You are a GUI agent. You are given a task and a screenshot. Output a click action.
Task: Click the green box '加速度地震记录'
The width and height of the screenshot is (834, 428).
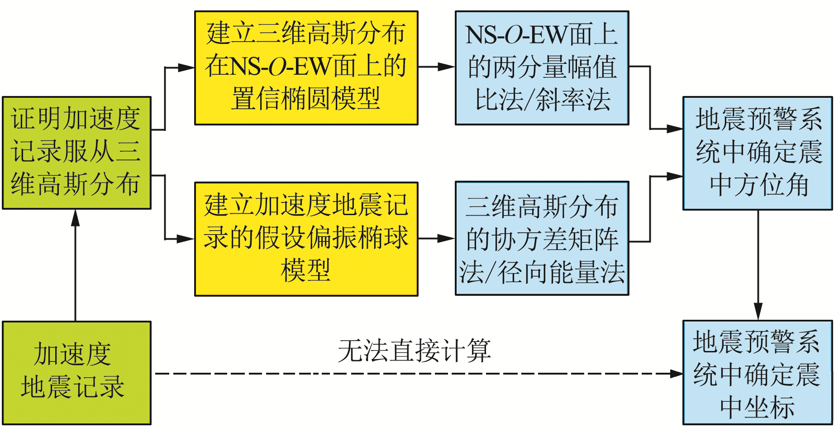click(76, 372)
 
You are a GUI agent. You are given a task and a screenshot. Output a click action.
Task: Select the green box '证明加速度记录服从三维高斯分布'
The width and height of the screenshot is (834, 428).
click(76, 153)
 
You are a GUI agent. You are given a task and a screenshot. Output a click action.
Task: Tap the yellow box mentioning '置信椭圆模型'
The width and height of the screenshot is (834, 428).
click(306, 68)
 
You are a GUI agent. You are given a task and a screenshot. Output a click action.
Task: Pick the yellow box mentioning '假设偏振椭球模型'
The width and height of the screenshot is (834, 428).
click(306, 239)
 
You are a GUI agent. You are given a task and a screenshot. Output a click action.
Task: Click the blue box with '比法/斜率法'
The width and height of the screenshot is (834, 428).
click(542, 68)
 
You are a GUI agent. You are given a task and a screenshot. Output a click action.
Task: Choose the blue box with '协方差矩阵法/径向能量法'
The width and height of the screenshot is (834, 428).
click(542, 239)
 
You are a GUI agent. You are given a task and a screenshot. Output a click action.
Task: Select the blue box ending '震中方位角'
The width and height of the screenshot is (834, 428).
click(757, 153)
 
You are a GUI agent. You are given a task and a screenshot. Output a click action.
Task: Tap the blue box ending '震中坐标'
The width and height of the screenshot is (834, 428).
click(757, 372)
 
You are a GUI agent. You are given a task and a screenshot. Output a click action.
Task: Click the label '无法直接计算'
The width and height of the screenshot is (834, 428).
click(414, 351)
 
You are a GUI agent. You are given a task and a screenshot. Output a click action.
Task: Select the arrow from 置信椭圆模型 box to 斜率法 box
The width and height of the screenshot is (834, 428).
click(436, 67)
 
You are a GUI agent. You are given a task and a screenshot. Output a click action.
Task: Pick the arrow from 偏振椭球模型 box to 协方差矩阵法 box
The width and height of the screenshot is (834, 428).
click(436, 238)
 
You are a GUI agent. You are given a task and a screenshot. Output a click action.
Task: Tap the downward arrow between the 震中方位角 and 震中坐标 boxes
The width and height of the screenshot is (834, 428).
click(758, 265)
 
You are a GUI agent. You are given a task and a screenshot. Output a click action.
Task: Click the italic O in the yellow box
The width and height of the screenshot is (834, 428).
click(277, 67)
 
